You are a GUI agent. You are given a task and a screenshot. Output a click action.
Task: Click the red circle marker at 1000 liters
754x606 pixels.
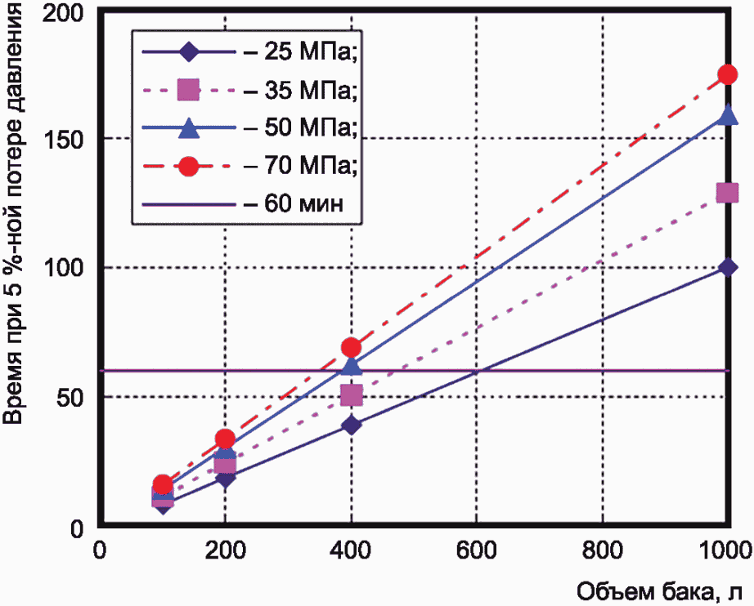click(x=727, y=74)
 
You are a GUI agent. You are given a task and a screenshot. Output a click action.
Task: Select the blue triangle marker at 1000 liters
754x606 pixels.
click(x=727, y=115)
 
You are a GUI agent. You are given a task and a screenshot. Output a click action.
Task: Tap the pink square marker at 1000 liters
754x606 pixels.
click(x=727, y=193)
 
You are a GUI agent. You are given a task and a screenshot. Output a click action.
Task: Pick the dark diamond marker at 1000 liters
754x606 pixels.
click(x=727, y=267)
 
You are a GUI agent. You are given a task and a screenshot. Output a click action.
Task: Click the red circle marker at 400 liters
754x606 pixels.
click(x=351, y=347)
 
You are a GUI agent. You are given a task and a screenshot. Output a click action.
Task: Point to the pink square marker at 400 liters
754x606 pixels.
click(x=351, y=395)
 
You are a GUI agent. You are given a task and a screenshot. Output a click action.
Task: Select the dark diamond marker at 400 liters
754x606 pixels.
click(x=351, y=425)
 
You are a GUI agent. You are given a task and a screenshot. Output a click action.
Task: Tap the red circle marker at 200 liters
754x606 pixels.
click(x=225, y=439)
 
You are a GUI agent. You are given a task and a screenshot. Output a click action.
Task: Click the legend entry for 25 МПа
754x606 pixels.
click(x=249, y=51)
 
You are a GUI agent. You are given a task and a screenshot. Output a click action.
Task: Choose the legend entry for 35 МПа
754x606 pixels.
click(x=249, y=90)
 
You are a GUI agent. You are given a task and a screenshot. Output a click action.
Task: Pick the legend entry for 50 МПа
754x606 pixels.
click(x=249, y=127)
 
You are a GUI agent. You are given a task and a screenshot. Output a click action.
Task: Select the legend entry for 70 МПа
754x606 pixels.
click(x=249, y=166)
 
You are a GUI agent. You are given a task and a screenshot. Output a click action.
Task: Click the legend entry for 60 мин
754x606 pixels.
click(x=243, y=203)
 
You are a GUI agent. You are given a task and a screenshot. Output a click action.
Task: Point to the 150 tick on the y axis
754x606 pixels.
click(x=64, y=138)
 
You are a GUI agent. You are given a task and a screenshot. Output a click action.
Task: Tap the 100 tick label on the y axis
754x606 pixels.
click(x=64, y=267)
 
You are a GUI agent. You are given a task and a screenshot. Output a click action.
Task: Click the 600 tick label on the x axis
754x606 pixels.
click(x=476, y=550)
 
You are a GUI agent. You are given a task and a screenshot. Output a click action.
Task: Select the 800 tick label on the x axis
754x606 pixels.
click(x=602, y=550)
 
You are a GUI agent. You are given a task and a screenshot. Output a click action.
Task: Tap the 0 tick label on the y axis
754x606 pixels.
click(x=78, y=528)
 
